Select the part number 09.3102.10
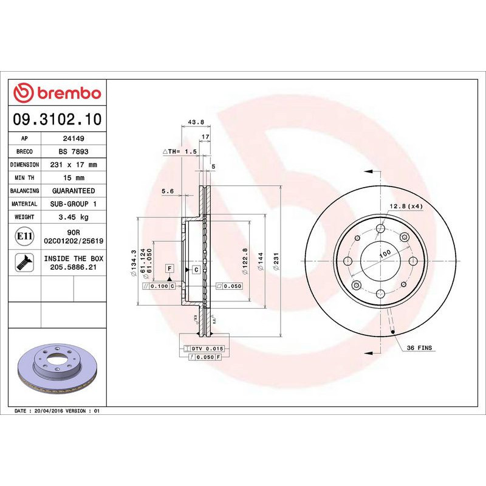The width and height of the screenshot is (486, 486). tap(57, 119)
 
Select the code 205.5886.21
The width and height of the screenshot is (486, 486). tap(74, 267)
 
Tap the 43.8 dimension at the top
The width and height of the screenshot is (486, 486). tap(195, 122)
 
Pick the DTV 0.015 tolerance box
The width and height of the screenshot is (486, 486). tap(204, 348)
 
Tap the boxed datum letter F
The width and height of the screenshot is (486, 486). tap(169, 269)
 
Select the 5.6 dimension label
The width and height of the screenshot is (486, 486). tap(168, 191)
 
